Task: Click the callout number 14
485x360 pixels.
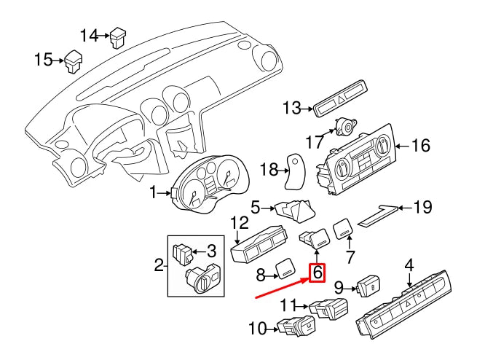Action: [x=88, y=34]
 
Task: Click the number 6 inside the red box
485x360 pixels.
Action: [x=317, y=273]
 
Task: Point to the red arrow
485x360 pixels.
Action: [x=280, y=288]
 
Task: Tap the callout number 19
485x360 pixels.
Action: [x=422, y=208]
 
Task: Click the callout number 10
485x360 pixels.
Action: [x=257, y=329]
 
